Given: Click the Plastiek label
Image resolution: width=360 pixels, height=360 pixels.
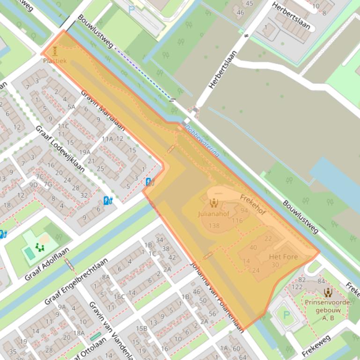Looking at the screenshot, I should click(55, 61).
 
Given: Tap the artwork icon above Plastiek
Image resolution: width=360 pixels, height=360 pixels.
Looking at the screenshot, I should click(55, 51).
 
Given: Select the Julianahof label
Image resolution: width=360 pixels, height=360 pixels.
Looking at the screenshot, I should click(213, 215).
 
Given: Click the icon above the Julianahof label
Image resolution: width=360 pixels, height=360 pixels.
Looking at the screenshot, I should click(214, 202).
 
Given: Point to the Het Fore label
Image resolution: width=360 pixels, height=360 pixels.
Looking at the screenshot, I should click(283, 257).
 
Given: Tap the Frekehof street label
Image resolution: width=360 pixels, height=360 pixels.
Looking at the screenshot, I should click(252, 205).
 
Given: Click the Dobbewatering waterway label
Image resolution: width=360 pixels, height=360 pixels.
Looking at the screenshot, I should click(202, 140).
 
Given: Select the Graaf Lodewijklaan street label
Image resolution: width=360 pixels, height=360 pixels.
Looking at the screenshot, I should click(60, 149).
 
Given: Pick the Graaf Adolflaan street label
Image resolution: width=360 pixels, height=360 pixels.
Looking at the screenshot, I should click(47, 264).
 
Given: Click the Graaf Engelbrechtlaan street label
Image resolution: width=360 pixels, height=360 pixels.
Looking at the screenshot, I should click(76, 282).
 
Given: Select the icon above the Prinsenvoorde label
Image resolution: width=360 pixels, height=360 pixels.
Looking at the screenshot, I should click(328, 293).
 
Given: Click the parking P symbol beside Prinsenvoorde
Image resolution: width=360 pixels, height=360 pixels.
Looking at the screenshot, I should click(287, 315).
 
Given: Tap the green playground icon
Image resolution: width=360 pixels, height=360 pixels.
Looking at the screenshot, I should click(39, 247).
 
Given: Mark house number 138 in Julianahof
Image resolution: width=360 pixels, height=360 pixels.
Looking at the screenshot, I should click(214, 226).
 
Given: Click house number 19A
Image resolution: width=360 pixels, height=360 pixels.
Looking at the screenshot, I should click(85, 152).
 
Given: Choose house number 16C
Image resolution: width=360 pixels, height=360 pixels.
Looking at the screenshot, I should click(119, 296).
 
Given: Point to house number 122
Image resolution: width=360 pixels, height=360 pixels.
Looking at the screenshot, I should click(297, 287).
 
